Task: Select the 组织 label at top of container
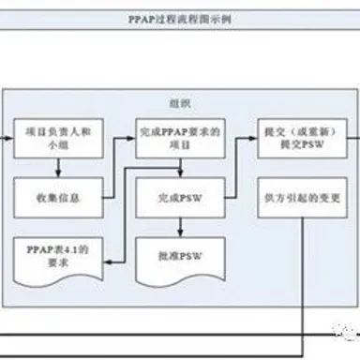pyautogui.click(x=178, y=100)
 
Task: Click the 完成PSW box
pyautogui.click(x=179, y=198)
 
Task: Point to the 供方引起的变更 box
pyautogui.click(x=301, y=198)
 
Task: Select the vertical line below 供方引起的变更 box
pyautogui.click(x=301, y=281)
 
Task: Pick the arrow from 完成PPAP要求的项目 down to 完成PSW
pyautogui.click(x=179, y=170)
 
